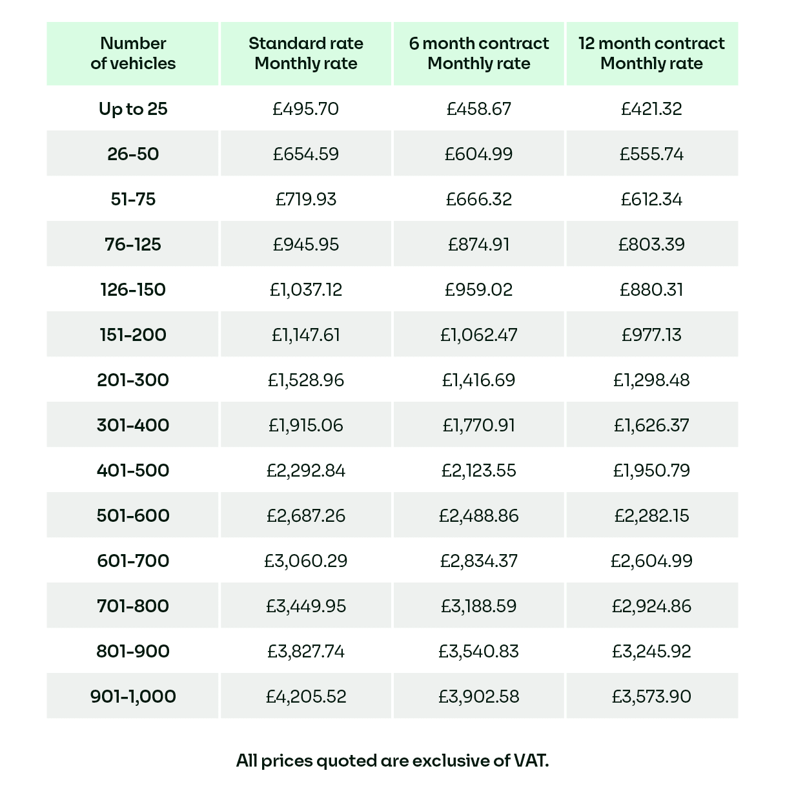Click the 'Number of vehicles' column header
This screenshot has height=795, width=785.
(x=133, y=54)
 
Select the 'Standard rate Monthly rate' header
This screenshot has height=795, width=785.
(x=306, y=54)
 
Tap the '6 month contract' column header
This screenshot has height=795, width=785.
(x=479, y=54)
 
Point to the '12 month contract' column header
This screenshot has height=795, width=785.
(x=651, y=54)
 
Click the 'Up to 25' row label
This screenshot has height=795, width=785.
(x=133, y=108)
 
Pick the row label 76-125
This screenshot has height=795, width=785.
(x=133, y=244)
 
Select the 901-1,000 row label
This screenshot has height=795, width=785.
(x=133, y=696)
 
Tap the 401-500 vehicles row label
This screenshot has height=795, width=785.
(x=133, y=470)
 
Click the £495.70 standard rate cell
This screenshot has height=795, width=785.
(x=306, y=108)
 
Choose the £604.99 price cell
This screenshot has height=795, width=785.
(x=479, y=154)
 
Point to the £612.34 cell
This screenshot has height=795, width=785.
(x=651, y=199)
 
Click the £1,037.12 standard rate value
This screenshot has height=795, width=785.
(x=306, y=289)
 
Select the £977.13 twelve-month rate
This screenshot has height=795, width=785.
(x=651, y=335)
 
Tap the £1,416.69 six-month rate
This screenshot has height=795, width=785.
(x=479, y=380)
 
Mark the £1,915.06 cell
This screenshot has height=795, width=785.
(x=306, y=425)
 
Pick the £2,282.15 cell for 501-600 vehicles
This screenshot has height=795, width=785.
(x=651, y=515)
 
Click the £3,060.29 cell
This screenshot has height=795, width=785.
(x=306, y=561)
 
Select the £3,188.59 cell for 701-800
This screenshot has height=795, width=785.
(x=479, y=606)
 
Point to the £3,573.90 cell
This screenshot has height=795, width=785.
(x=651, y=696)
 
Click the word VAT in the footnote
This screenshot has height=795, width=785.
(x=530, y=761)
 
